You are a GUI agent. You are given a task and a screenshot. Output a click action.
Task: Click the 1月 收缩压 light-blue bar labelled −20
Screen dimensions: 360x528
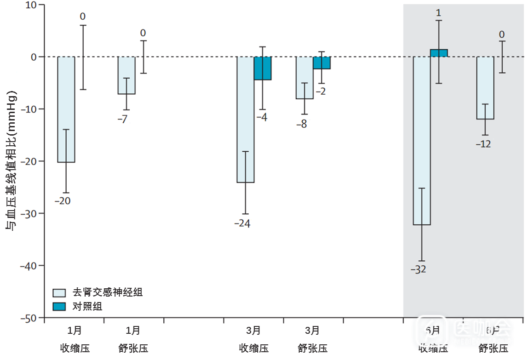click(x=66, y=109)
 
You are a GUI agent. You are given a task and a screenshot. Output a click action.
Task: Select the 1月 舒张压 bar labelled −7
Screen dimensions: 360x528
click(x=126, y=75)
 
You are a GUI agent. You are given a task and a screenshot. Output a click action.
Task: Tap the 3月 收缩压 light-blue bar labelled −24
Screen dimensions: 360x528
click(x=245, y=119)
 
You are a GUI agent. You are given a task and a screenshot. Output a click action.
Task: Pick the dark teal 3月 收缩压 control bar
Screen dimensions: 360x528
click(x=263, y=68)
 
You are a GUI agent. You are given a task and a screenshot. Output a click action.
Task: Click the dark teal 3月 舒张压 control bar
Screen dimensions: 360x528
click(x=321, y=63)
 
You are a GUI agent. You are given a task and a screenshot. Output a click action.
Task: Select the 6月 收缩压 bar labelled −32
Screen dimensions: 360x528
click(x=422, y=140)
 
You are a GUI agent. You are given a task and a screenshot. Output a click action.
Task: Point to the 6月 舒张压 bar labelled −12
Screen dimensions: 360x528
click(x=485, y=88)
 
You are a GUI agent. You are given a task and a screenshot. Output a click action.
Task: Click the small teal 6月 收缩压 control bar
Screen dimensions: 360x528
click(x=439, y=53)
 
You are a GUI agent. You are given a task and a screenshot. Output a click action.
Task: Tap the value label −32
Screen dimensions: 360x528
click(x=419, y=269)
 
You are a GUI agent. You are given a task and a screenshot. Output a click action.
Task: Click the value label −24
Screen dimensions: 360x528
click(x=242, y=224)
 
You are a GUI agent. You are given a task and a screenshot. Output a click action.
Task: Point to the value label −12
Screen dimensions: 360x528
click(x=483, y=144)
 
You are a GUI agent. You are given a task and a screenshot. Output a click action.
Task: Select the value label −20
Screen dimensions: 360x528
click(x=63, y=201)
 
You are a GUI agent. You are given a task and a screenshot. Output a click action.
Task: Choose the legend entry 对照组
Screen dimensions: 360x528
click(x=87, y=307)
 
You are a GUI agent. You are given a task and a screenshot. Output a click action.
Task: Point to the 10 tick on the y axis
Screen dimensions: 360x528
click(x=32, y=5)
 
